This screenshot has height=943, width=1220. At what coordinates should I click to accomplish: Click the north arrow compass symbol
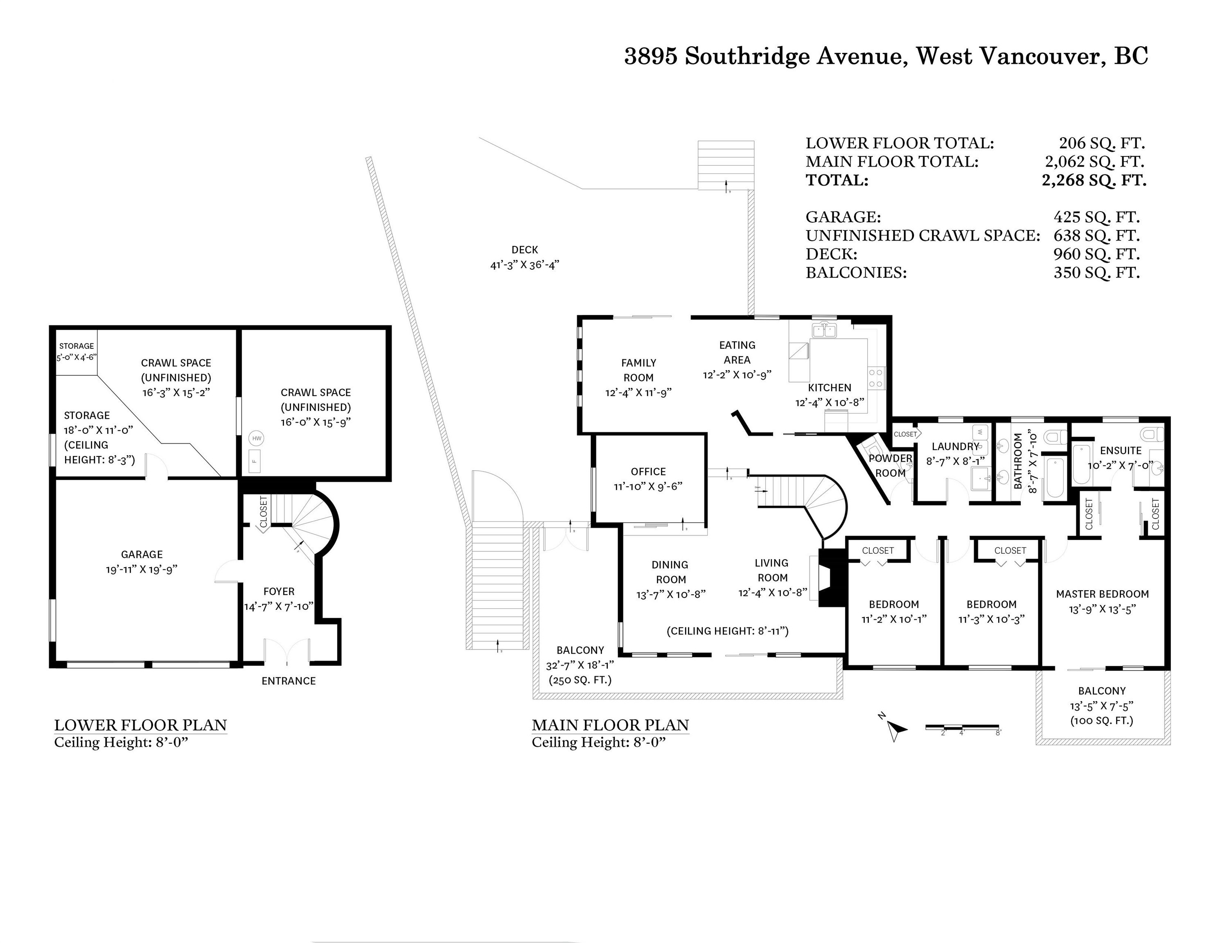(x=895, y=727)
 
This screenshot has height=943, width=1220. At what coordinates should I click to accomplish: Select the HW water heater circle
(x=257, y=438)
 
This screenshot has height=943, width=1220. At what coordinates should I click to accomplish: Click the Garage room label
(x=142, y=554)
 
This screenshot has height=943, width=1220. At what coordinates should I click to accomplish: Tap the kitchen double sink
(x=824, y=331)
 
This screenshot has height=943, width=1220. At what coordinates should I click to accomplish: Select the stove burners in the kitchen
(x=876, y=378)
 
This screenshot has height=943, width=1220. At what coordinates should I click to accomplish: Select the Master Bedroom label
(x=1102, y=594)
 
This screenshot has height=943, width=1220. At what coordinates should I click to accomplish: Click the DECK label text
(x=525, y=250)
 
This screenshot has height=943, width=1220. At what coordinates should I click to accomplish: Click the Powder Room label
(x=890, y=465)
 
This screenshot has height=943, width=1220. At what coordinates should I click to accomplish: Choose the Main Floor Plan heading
(x=610, y=725)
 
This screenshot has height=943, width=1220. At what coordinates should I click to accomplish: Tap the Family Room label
(x=638, y=370)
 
